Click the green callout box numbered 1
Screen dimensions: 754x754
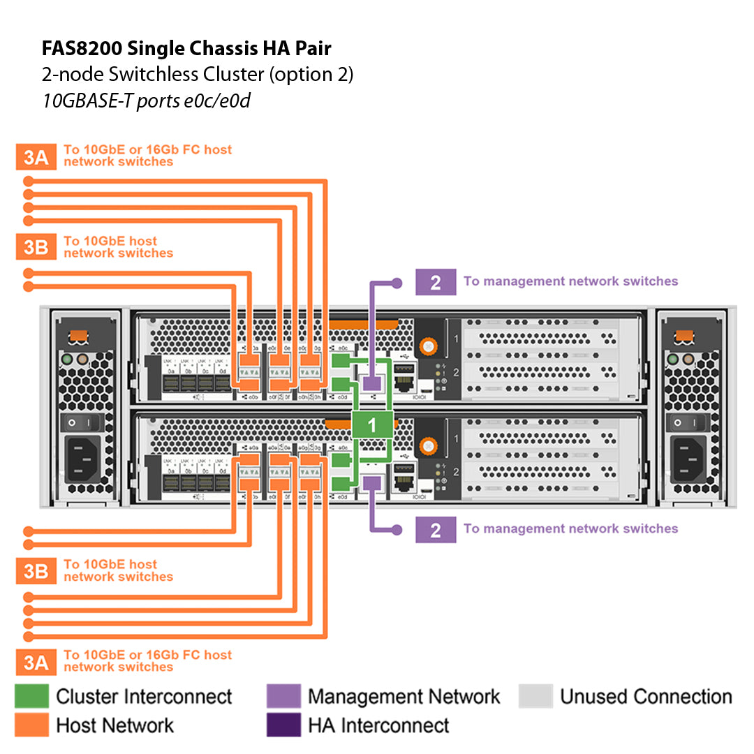tap(371, 425)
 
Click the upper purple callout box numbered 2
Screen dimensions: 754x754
tap(435, 282)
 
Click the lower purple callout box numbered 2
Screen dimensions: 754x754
tap(435, 530)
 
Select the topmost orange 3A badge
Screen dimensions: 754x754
tap(36, 157)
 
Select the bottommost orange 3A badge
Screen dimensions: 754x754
tap(36, 662)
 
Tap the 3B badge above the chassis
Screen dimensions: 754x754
tap(36, 248)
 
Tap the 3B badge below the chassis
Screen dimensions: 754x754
tap(36, 572)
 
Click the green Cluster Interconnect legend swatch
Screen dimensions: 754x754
tap(32, 696)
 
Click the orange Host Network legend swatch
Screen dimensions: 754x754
tap(32, 725)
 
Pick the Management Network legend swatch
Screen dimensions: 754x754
tap(283, 696)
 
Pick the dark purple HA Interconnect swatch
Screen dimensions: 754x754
tap(283, 725)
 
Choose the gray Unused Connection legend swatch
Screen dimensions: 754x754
tap(535, 696)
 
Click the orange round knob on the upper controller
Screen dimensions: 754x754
tap(427, 345)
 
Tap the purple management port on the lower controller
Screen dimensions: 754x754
tap(371, 481)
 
